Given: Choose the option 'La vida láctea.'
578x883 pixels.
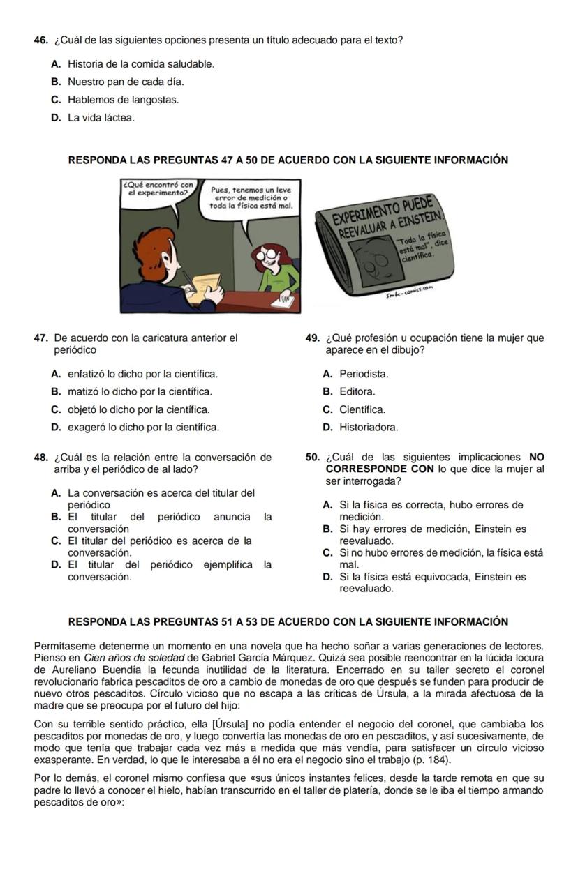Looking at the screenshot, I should tap(101, 118).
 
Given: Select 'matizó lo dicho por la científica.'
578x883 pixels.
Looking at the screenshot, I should tap(140, 392).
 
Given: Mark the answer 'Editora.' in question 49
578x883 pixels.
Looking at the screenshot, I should tap(357, 392).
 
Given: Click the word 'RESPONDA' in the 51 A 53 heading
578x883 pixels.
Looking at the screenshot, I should tap(95, 621).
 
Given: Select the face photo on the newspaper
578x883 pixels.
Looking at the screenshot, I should tap(379, 262).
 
